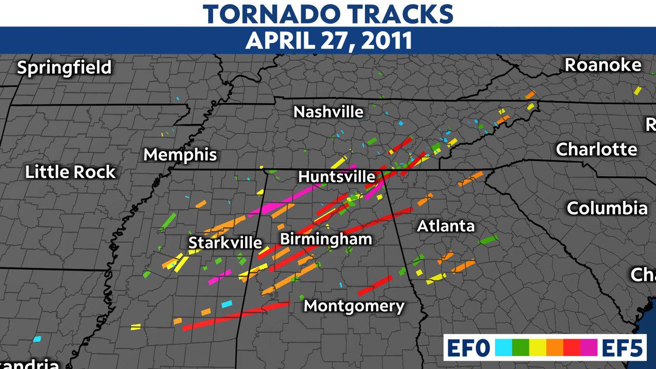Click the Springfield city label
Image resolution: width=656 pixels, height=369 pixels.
[64, 68]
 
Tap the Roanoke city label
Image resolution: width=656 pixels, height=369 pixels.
[603, 65]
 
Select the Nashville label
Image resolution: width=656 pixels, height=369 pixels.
[328, 112]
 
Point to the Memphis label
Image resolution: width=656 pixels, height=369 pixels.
[180, 155]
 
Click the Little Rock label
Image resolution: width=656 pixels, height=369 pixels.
[71, 172]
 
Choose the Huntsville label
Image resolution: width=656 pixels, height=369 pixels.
[337, 177]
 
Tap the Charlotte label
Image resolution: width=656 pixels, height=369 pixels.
[597, 150]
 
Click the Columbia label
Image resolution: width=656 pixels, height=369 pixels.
[607, 208]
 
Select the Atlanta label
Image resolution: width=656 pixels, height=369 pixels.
[446, 225]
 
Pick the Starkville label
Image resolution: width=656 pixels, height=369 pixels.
[225, 242]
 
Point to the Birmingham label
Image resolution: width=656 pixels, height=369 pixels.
[326, 239]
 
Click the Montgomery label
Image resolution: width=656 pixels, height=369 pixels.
[354, 306]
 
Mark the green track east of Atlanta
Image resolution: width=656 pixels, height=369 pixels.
[488, 240]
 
